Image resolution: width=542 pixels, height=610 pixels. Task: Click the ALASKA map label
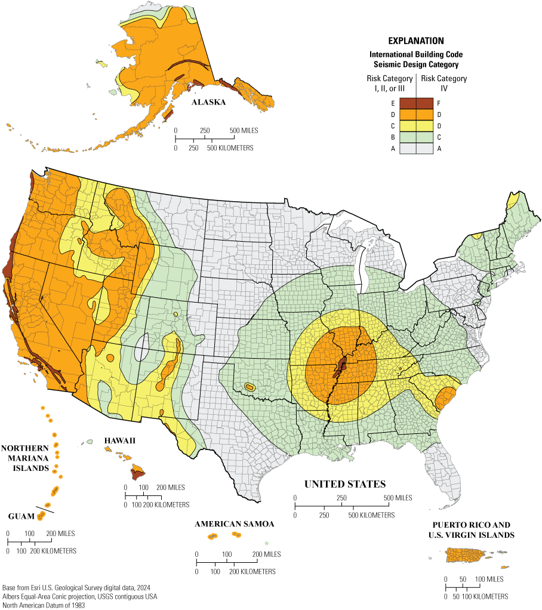tap(208, 103)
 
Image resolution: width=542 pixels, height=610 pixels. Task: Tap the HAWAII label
tap(120, 440)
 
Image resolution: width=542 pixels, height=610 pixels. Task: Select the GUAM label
tap(20, 516)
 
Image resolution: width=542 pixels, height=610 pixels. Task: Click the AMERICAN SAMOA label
tap(234, 524)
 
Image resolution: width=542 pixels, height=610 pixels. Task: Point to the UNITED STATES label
tap(345, 484)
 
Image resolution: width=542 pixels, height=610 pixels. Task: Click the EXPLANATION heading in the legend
tap(416, 41)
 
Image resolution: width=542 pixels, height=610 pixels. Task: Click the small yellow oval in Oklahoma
tap(250, 387)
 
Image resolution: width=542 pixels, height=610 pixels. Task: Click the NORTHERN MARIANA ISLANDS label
tap(25, 458)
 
